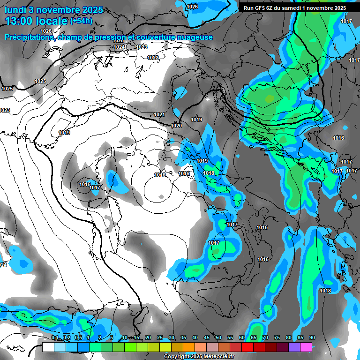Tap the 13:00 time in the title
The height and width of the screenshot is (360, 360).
(21, 21)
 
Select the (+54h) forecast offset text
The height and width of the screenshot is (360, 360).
(81, 21)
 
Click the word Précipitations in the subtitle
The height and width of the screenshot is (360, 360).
(30, 37)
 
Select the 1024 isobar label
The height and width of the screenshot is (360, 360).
(120, 47)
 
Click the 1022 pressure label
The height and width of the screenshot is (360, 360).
(153, 58)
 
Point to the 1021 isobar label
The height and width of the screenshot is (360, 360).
(159, 115)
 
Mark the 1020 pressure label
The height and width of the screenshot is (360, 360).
(176, 126)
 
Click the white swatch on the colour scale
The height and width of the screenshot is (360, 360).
(48, 347)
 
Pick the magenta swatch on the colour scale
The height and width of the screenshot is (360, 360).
(306, 347)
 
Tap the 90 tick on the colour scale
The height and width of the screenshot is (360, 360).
(312, 338)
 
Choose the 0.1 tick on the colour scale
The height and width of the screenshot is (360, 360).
(54, 338)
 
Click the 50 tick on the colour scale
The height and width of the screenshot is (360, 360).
(218, 338)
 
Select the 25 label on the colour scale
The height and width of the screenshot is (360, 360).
(160, 338)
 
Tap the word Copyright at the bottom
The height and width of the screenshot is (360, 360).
(177, 356)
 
